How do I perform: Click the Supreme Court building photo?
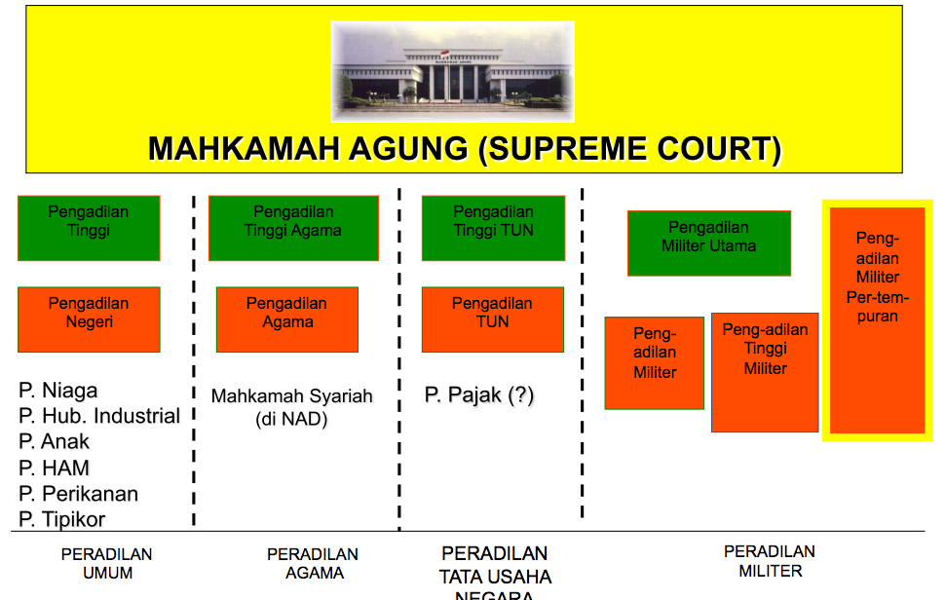click(452, 70)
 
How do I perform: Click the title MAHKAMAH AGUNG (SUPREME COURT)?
click(465, 149)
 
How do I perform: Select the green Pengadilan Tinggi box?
click(89, 228)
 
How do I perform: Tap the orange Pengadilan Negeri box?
click(89, 319)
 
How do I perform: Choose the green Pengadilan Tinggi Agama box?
click(293, 228)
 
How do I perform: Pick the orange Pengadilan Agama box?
click(287, 319)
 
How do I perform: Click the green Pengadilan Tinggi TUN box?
click(493, 228)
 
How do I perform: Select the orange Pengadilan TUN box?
click(493, 319)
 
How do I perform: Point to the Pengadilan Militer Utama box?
click(709, 243)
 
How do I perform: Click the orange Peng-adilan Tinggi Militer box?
click(765, 372)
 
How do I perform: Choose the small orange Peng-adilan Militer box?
click(655, 362)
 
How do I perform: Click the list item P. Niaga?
click(58, 391)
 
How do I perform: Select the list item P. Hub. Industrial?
click(99, 416)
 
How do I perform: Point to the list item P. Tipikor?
click(62, 519)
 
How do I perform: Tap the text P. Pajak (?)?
click(479, 394)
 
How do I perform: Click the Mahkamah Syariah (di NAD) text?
click(292, 408)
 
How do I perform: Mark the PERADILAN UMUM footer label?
click(107, 564)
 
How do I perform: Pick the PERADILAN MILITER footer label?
click(770, 561)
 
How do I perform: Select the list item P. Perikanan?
click(79, 494)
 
